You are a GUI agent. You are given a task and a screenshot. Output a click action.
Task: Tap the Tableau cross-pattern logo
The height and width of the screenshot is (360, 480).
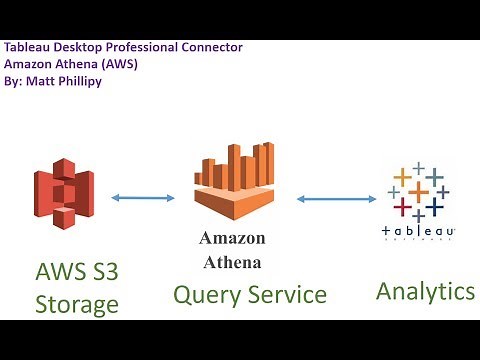point(419,191)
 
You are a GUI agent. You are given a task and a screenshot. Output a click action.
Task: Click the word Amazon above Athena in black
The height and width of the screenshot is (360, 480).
point(232,238)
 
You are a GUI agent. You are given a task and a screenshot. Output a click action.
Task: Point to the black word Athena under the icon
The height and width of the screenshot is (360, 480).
point(232,262)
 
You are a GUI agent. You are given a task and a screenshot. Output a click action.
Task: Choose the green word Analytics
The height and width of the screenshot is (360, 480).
point(425,291)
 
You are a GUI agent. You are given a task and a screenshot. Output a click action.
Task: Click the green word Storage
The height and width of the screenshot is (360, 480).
point(77,304)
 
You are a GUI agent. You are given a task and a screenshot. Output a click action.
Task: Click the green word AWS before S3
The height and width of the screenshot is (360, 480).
point(60,272)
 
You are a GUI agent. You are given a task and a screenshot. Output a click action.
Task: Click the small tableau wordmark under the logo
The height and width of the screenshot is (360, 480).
point(419,231)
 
